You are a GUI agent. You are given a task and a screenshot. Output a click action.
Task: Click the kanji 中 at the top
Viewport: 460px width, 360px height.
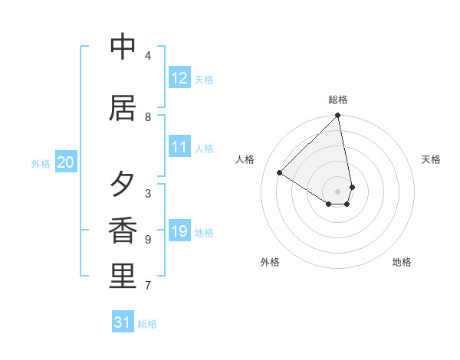[x=123, y=47]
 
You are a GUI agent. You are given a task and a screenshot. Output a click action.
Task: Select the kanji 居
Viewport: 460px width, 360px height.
[x=123, y=109]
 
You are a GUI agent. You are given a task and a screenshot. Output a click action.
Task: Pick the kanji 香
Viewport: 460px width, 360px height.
[x=123, y=231]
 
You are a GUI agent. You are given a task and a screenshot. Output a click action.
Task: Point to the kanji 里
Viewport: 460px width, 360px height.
[x=123, y=277]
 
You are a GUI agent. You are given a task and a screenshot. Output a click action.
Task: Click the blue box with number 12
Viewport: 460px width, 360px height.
[x=179, y=78]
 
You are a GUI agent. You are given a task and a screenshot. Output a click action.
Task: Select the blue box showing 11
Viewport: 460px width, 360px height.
[x=179, y=147]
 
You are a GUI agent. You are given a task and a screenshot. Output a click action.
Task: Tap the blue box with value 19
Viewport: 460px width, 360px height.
[x=179, y=231]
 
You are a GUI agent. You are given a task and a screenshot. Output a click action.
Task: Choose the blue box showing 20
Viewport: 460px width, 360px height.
[x=66, y=162]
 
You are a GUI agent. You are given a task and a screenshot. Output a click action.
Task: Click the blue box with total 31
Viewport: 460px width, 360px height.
[x=123, y=322]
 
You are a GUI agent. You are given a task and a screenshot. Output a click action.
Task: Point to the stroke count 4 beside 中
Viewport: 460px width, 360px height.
[x=148, y=56]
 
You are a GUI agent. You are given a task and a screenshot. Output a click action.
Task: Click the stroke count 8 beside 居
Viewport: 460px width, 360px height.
[x=148, y=117]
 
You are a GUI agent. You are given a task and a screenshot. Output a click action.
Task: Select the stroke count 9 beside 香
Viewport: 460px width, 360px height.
[x=148, y=240]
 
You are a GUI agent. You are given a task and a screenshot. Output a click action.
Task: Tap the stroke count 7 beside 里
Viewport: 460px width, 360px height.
[x=148, y=286]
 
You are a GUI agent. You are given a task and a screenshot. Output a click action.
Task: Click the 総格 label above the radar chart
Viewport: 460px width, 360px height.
[x=338, y=100]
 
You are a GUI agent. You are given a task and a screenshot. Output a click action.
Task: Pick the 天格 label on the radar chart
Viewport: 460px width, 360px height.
[x=431, y=159]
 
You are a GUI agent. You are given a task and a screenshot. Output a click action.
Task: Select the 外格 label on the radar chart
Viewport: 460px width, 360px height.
[x=270, y=262]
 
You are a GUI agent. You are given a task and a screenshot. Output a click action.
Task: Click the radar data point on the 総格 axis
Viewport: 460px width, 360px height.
[x=338, y=116]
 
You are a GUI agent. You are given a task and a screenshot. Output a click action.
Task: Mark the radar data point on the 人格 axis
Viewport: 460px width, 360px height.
[x=280, y=172]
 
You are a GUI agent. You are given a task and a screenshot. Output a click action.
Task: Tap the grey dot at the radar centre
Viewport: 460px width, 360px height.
[x=338, y=191]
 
